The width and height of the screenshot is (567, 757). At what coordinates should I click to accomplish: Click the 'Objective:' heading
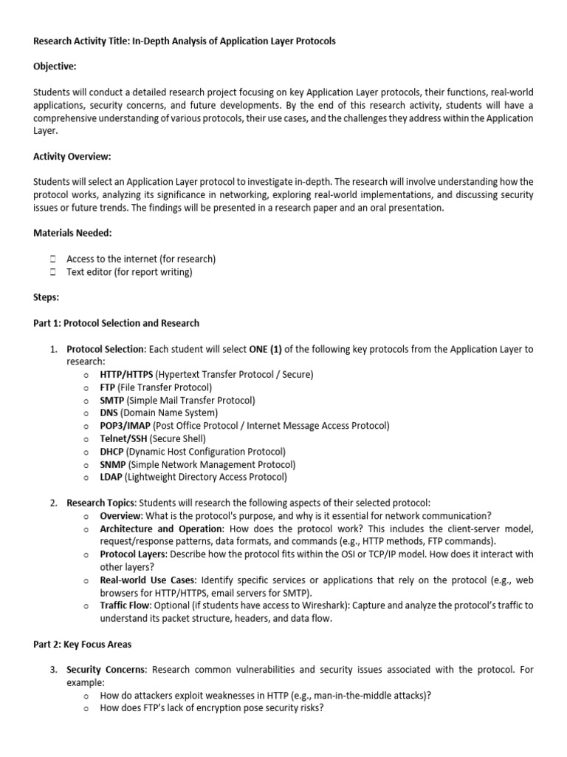click(55, 67)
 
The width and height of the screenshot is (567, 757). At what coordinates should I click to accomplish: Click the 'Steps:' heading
click(47, 297)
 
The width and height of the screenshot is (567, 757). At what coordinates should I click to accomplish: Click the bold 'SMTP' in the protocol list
click(112, 400)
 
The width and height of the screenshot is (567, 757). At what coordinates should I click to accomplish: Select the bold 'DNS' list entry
click(109, 413)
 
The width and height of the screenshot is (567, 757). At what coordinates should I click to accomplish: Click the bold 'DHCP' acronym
click(112, 452)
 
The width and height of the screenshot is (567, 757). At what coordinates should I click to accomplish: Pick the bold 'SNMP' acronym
click(113, 464)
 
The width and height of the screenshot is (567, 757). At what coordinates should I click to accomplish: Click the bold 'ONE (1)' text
click(267, 349)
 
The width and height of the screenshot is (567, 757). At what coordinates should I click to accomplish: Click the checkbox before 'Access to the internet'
click(52, 259)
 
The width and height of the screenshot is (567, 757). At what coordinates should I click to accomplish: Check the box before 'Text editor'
click(52, 272)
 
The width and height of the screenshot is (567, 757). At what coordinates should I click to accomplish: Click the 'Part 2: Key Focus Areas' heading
click(83, 644)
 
